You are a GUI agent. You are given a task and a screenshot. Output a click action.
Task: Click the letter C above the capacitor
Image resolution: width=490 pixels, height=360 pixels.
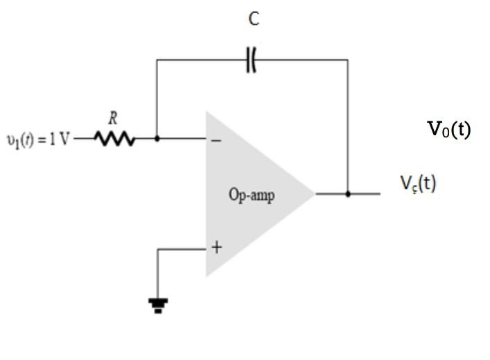click(x=254, y=19)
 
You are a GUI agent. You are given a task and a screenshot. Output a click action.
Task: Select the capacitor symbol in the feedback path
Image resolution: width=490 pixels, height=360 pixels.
click(x=251, y=61)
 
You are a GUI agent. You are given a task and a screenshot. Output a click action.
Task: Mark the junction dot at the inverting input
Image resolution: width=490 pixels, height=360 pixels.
click(x=157, y=139)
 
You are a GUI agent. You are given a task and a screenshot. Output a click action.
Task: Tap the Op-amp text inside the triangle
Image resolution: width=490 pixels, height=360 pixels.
click(x=252, y=195)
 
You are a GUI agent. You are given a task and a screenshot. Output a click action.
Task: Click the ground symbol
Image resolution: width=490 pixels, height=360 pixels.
click(x=158, y=304)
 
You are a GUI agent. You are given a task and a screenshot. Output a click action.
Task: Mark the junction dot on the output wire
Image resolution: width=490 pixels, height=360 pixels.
click(x=348, y=194)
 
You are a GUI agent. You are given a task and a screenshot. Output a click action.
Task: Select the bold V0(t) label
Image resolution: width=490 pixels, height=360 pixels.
click(x=448, y=130)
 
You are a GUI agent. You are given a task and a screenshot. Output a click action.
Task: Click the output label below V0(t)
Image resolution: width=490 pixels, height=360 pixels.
click(x=417, y=183)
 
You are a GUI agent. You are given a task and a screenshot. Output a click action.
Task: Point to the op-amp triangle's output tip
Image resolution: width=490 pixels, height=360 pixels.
click(x=314, y=194)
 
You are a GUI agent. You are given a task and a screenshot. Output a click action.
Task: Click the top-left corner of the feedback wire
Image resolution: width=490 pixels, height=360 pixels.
click(x=157, y=60)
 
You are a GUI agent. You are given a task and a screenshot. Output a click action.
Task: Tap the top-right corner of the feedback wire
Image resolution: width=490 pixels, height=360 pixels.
click(x=348, y=60)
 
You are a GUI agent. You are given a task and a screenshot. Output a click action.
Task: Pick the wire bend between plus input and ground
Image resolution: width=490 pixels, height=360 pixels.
click(x=158, y=249)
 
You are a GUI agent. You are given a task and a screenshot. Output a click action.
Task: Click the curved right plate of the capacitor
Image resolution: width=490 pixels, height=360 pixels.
click(x=254, y=61)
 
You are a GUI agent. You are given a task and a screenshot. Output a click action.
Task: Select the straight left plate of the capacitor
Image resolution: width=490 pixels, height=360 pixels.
click(x=248, y=61)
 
